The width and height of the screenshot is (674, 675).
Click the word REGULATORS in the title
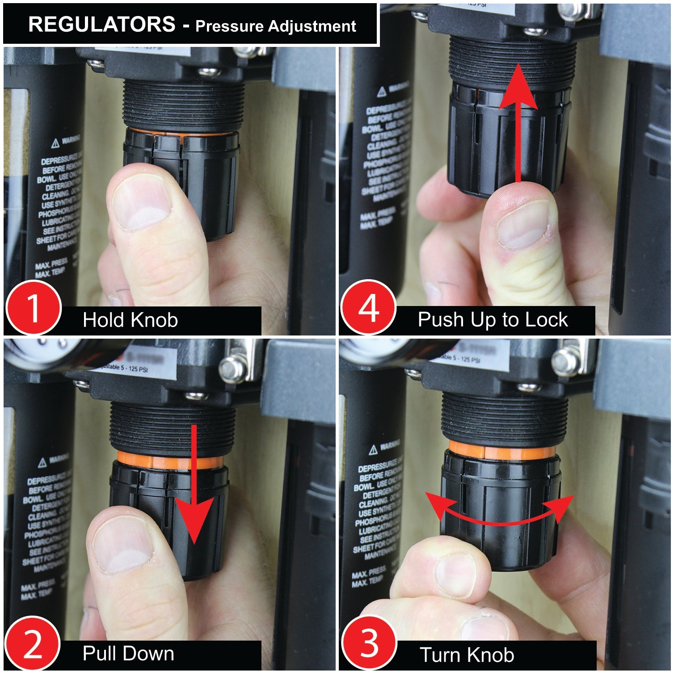click(101, 24)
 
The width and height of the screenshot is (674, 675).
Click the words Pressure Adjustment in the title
click(275, 26)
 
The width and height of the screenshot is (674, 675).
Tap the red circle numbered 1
click(33, 308)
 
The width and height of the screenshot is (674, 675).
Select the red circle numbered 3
click(369, 644)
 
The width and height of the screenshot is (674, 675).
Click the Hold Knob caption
click(130, 320)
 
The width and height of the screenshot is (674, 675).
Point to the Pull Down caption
click(128, 654)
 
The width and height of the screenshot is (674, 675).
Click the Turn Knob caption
click(467, 655)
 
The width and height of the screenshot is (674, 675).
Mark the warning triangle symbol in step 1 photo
click(55, 143)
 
